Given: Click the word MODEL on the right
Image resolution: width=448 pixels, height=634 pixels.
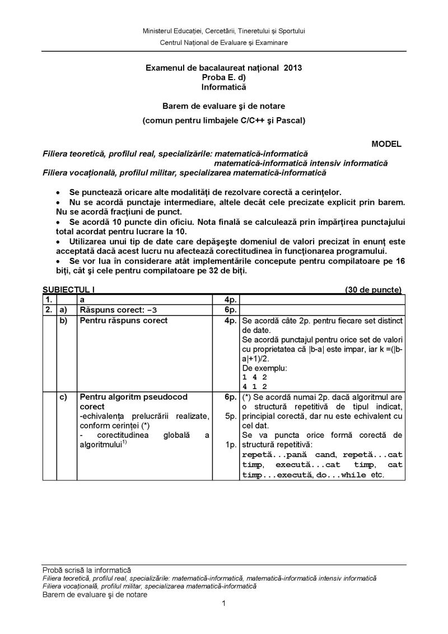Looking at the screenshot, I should click(386, 144).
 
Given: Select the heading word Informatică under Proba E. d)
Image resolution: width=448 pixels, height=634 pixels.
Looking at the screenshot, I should click(223, 87).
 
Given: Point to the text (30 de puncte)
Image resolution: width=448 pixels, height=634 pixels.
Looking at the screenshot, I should click(374, 290).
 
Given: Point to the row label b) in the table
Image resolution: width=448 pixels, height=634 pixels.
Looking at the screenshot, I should click(64, 321).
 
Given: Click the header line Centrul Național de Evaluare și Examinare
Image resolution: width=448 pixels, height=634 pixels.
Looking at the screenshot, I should click(224, 43).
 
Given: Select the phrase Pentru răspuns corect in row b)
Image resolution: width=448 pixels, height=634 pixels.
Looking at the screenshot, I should click(124, 321).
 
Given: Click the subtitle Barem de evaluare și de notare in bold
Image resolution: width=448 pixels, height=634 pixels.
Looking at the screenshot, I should click(223, 105).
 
